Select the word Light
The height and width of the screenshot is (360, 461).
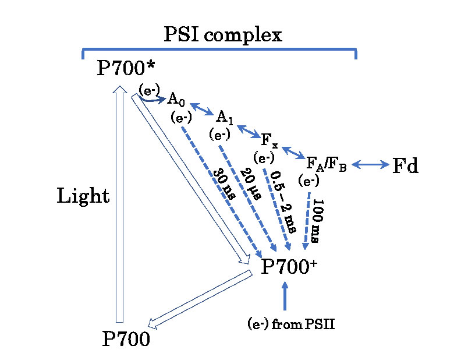[83, 196]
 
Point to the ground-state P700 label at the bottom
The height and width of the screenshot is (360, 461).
[126, 338]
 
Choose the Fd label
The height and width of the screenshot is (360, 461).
[405, 166]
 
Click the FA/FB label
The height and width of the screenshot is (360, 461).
[327, 164]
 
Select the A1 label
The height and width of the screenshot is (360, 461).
[225, 117]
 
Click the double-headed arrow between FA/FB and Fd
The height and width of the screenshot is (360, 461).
[370, 165]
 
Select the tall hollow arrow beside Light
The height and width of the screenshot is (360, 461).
[119, 204]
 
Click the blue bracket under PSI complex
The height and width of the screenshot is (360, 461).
[219, 50]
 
